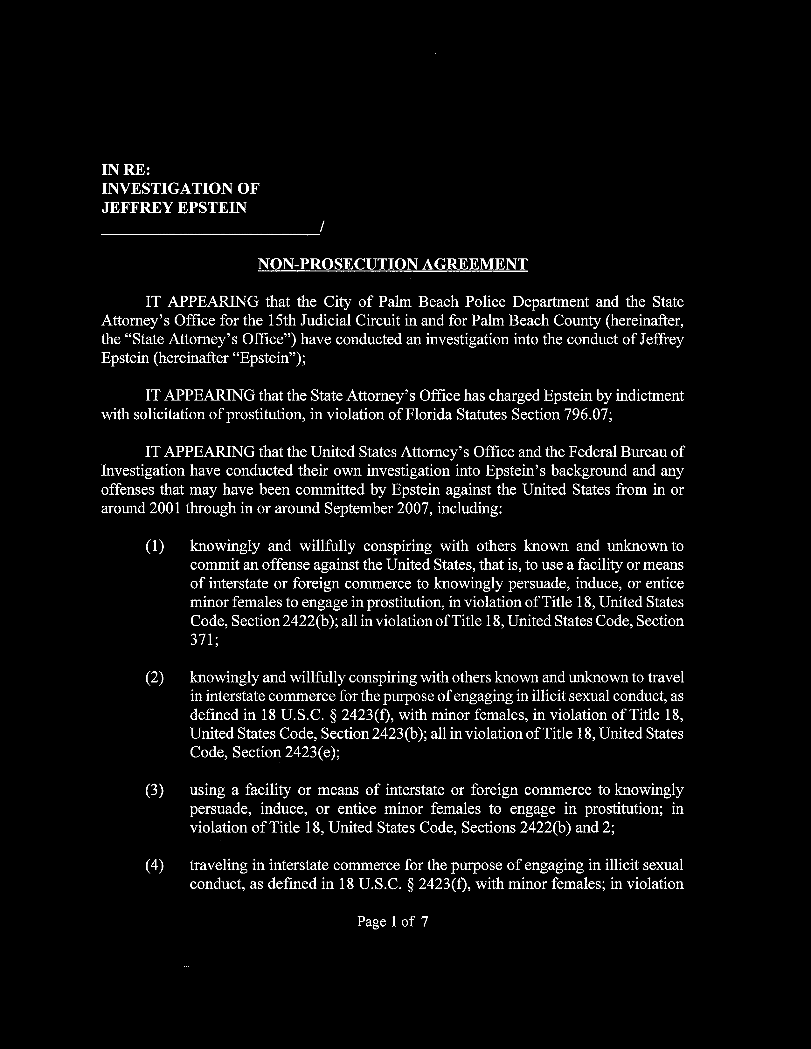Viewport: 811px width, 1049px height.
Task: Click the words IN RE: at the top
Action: click(126, 170)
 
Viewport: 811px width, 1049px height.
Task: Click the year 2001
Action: click(164, 508)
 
